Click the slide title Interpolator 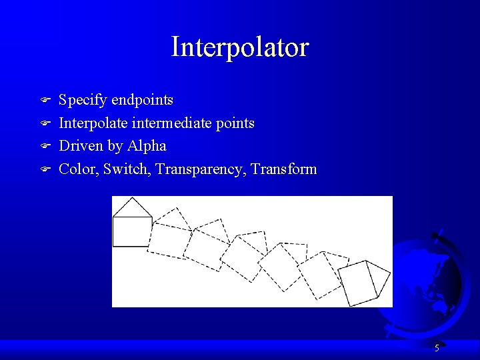pos(240,47)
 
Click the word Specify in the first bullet pos(83,101)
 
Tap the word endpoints pos(142,101)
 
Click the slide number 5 pos(437,348)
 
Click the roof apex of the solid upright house pos(133,199)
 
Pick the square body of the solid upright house pos(131,232)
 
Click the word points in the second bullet pos(233,123)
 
